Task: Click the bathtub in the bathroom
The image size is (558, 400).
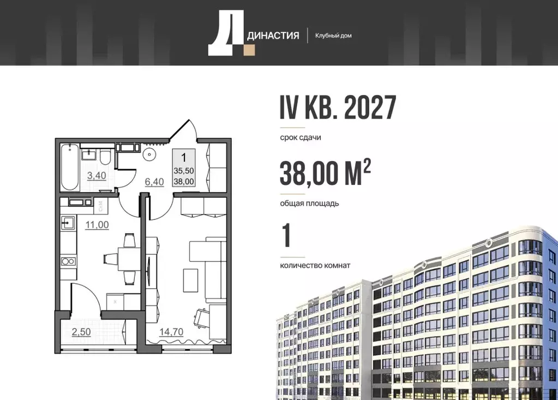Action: [69, 166]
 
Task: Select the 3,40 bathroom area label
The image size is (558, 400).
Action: [97, 175]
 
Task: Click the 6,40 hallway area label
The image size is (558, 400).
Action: [154, 182]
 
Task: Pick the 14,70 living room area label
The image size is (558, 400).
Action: [171, 331]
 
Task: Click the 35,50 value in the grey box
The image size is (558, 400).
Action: [184, 171]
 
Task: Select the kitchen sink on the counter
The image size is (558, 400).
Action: [69, 223]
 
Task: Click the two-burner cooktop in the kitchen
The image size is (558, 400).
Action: [68, 261]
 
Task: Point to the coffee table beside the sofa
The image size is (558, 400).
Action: [190, 280]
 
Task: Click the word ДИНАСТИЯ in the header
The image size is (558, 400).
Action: [274, 36]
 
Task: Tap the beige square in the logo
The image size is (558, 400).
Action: [249, 50]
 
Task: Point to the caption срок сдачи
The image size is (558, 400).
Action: [300, 138]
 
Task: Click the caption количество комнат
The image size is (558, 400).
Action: [315, 266]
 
